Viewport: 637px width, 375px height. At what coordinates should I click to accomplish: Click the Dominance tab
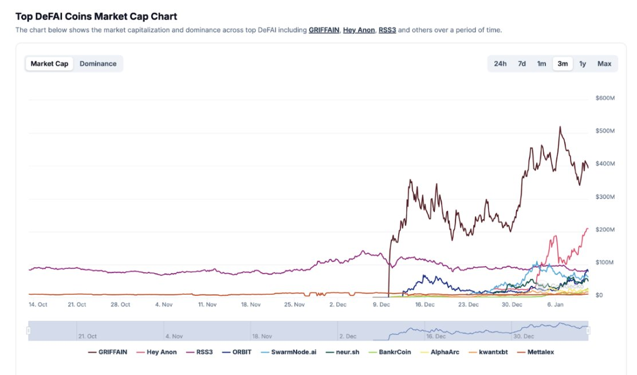98,64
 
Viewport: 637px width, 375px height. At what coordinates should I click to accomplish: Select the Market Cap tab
49,64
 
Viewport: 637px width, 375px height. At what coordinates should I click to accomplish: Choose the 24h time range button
500,64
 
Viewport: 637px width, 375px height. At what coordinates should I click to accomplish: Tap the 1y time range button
583,64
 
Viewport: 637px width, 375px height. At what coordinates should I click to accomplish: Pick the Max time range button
604,64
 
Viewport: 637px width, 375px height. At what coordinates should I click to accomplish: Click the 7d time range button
522,64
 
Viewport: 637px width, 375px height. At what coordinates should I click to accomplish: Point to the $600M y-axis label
605,98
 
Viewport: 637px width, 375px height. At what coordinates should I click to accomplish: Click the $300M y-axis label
605,197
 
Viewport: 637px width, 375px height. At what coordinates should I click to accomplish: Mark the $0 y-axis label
599,295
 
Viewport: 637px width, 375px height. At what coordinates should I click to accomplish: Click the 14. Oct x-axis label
38,304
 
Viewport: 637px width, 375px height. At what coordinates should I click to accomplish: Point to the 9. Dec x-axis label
382,304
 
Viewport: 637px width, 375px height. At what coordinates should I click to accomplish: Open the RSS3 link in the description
387,30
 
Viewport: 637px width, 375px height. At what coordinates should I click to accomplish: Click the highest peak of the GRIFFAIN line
560,127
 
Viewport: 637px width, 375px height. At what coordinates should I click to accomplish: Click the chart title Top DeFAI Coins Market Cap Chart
96,17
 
